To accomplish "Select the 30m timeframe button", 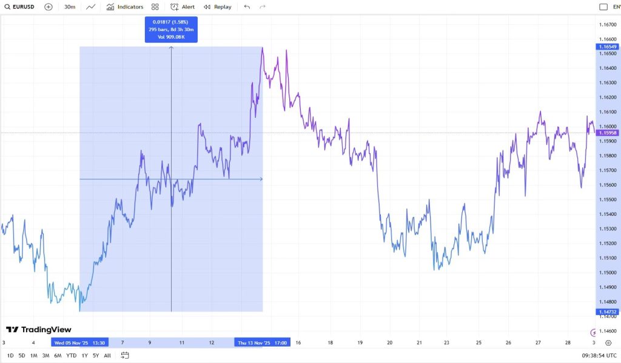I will (70, 7).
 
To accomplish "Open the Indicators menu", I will (125, 7).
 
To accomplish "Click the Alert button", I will (183, 7).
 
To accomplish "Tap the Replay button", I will (218, 7).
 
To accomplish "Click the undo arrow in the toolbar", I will (247, 7).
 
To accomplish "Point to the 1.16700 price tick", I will (608, 25).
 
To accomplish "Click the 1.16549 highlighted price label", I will (608, 47).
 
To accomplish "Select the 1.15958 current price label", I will (608, 133).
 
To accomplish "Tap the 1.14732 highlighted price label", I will (608, 311).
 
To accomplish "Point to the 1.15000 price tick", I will (608, 273).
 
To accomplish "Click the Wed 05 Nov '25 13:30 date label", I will (79, 343).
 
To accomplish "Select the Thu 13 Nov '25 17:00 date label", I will (263, 343).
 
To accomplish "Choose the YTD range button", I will (71, 356).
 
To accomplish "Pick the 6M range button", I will (58, 356).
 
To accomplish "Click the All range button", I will (107, 356).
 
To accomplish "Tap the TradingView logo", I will (39, 330).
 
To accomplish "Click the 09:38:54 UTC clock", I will (599, 356).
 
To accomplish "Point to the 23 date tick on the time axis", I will (446, 343).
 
